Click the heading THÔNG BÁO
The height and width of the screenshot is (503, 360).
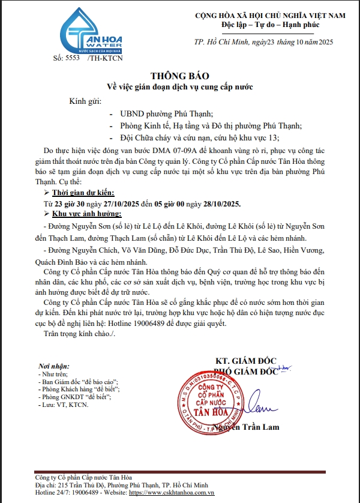point(179,76)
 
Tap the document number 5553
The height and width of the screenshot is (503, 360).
point(71,59)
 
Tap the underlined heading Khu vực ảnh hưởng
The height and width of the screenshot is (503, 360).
point(86,214)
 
